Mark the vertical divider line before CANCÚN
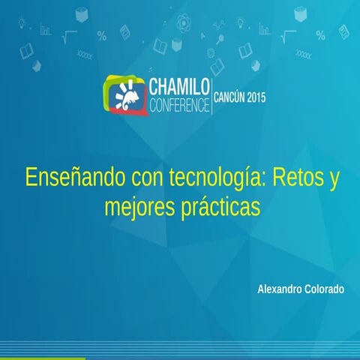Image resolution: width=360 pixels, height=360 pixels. [212, 94]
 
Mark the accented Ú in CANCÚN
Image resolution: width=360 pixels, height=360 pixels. [238, 96]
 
